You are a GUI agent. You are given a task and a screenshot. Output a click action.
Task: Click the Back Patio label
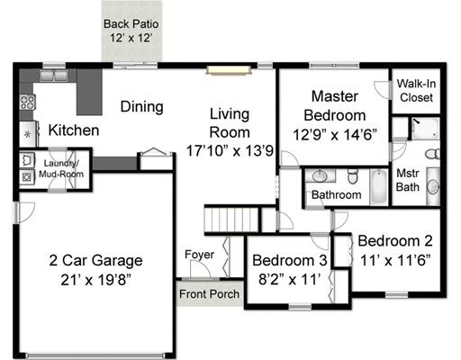[131, 24]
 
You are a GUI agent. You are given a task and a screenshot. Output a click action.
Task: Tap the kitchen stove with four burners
[28, 102]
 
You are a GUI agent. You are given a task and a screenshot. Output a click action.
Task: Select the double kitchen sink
[54, 76]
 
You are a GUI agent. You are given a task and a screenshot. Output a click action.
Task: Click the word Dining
[141, 107]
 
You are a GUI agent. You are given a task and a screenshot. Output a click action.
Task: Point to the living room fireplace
[229, 70]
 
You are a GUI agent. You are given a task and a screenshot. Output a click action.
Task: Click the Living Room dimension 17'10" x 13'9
[230, 150]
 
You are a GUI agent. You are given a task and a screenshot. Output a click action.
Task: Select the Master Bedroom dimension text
[335, 135]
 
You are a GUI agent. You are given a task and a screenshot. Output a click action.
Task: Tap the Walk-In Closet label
[416, 90]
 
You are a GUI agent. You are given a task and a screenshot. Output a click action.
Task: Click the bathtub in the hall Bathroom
[379, 187]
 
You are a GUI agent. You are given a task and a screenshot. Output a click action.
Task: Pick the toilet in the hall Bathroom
[353, 176]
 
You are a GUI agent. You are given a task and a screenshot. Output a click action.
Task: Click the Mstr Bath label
[408, 180]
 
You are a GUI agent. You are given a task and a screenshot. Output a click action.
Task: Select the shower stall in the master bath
[425, 129]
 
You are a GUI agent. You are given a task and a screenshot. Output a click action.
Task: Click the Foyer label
[199, 255]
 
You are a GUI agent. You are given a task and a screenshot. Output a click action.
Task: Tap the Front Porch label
[209, 294]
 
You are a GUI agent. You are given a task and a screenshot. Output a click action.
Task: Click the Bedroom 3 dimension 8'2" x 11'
[290, 279]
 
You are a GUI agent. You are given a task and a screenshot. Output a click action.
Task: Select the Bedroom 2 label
[395, 241]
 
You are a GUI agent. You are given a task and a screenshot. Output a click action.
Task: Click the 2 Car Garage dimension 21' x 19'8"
[95, 280]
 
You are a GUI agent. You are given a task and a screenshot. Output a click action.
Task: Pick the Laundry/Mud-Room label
[61, 168]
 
